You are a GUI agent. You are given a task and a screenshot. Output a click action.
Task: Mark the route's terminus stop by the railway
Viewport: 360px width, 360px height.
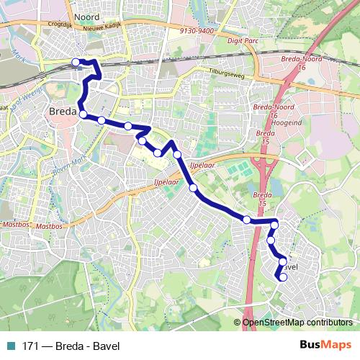(x=76, y=63)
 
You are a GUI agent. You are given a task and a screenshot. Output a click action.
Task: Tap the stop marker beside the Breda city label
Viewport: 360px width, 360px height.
(x=84, y=114)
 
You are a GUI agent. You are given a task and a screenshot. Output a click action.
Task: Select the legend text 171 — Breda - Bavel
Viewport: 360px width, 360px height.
(x=71, y=344)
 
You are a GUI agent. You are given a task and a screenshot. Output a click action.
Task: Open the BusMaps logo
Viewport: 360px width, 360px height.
(x=325, y=344)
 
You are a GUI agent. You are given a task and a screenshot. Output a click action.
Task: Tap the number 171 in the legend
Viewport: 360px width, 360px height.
(x=30, y=344)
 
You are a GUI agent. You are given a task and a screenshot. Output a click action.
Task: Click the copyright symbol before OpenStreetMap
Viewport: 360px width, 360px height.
(x=238, y=323)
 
